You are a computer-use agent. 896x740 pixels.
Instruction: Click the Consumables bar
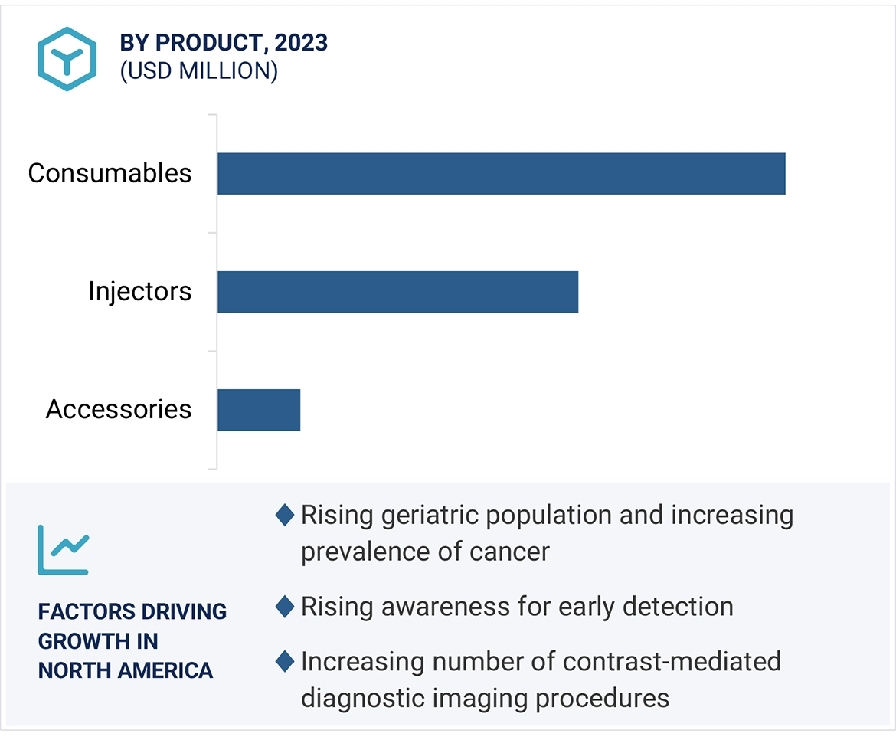coord(501,174)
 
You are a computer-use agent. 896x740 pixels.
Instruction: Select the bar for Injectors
coord(397,292)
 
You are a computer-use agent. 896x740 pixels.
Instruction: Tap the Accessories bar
coord(259,410)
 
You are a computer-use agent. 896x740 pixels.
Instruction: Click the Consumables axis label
coord(110,173)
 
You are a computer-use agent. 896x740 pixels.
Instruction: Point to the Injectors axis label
coord(139,291)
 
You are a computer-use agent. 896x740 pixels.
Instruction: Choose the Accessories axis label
coord(119,409)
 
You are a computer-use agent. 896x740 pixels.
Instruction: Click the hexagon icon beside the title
coord(67,59)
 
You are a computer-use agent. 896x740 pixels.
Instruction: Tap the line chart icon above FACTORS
coord(64,549)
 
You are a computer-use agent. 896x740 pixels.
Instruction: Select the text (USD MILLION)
coord(198,71)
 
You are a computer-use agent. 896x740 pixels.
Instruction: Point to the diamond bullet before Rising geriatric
coord(285,515)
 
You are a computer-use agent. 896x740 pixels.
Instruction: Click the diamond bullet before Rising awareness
coord(285,607)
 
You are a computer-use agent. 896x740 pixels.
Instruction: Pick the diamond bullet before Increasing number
coord(285,661)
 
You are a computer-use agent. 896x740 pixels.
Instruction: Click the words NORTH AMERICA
coord(126,670)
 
